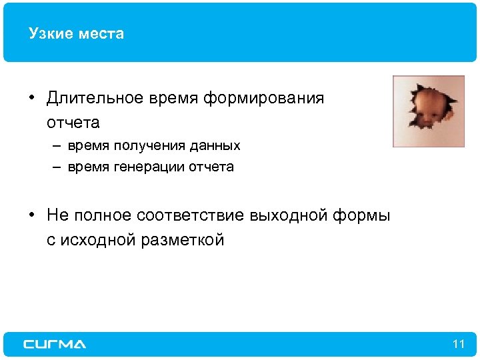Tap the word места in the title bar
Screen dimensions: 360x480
point(99,33)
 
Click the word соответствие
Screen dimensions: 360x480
point(191,215)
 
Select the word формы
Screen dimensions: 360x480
point(365,215)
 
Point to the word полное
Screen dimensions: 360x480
point(101,215)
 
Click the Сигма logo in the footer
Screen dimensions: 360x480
point(55,344)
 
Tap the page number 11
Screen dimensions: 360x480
point(457,344)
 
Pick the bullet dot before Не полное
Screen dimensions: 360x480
point(31,216)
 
